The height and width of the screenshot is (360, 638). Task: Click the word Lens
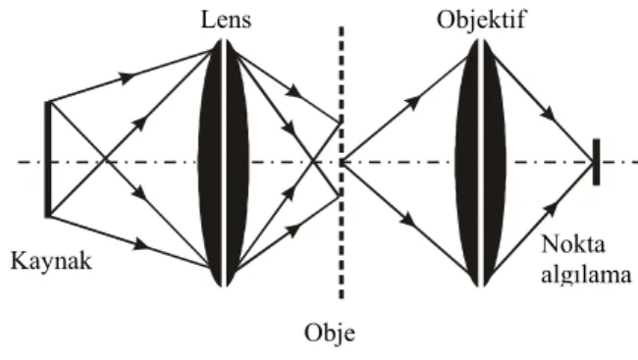click(226, 20)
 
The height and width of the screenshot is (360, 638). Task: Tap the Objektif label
click(481, 20)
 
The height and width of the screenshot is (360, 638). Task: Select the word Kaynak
click(51, 261)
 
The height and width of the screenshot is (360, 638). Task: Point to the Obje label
click(330, 333)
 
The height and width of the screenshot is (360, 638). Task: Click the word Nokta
click(573, 244)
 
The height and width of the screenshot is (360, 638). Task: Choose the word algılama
click(586, 276)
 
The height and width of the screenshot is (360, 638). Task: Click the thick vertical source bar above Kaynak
click(48, 160)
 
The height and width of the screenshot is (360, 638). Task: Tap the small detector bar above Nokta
click(596, 162)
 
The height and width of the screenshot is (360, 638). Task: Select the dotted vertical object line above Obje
click(342, 163)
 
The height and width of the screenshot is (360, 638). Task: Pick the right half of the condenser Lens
click(237, 163)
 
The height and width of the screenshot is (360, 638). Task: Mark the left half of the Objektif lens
click(468, 163)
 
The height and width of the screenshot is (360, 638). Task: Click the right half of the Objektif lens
click(494, 163)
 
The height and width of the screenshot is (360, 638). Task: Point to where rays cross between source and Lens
click(105, 159)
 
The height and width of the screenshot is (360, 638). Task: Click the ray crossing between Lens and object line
click(313, 162)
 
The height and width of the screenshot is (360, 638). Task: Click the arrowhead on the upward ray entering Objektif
click(412, 103)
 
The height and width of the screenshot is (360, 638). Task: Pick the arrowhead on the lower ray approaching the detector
click(551, 209)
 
